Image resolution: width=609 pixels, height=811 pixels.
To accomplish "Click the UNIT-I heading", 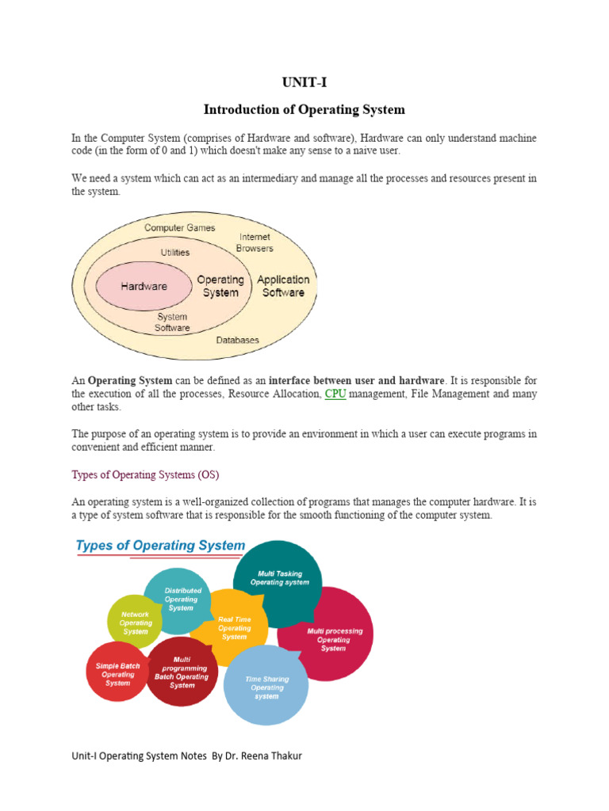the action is (x=304, y=82).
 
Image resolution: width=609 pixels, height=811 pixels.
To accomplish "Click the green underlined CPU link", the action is (x=335, y=394).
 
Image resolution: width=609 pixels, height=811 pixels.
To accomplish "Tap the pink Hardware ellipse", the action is (x=144, y=286).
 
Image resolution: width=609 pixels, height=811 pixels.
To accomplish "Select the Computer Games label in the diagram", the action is (x=180, y=227).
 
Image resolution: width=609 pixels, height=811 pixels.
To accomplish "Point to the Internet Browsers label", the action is (x=255, y=242).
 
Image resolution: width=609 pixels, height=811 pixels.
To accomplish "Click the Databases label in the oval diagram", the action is (x=237, y=340).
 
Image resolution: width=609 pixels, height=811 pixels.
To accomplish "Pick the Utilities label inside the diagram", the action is (x=175, y=253).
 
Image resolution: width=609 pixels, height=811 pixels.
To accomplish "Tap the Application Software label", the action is (x=283, y=286).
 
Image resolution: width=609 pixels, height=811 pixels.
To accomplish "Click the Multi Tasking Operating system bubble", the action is (x=278, y=582).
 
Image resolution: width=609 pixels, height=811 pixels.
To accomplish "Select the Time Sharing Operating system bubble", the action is (x=266, y=685).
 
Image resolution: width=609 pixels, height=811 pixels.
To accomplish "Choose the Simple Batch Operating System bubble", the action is (x=117, y=672).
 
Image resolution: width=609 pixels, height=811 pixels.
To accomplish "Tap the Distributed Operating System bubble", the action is (x=177, y=600).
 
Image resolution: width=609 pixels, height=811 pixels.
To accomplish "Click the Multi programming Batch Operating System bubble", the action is (x=182, y=672).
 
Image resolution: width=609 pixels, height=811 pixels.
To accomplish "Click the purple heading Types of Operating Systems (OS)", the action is (x=146, y=475).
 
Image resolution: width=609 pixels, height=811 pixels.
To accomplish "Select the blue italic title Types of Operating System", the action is (x=160, y=546).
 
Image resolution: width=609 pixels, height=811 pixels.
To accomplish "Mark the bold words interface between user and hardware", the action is (x=356, y=381).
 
